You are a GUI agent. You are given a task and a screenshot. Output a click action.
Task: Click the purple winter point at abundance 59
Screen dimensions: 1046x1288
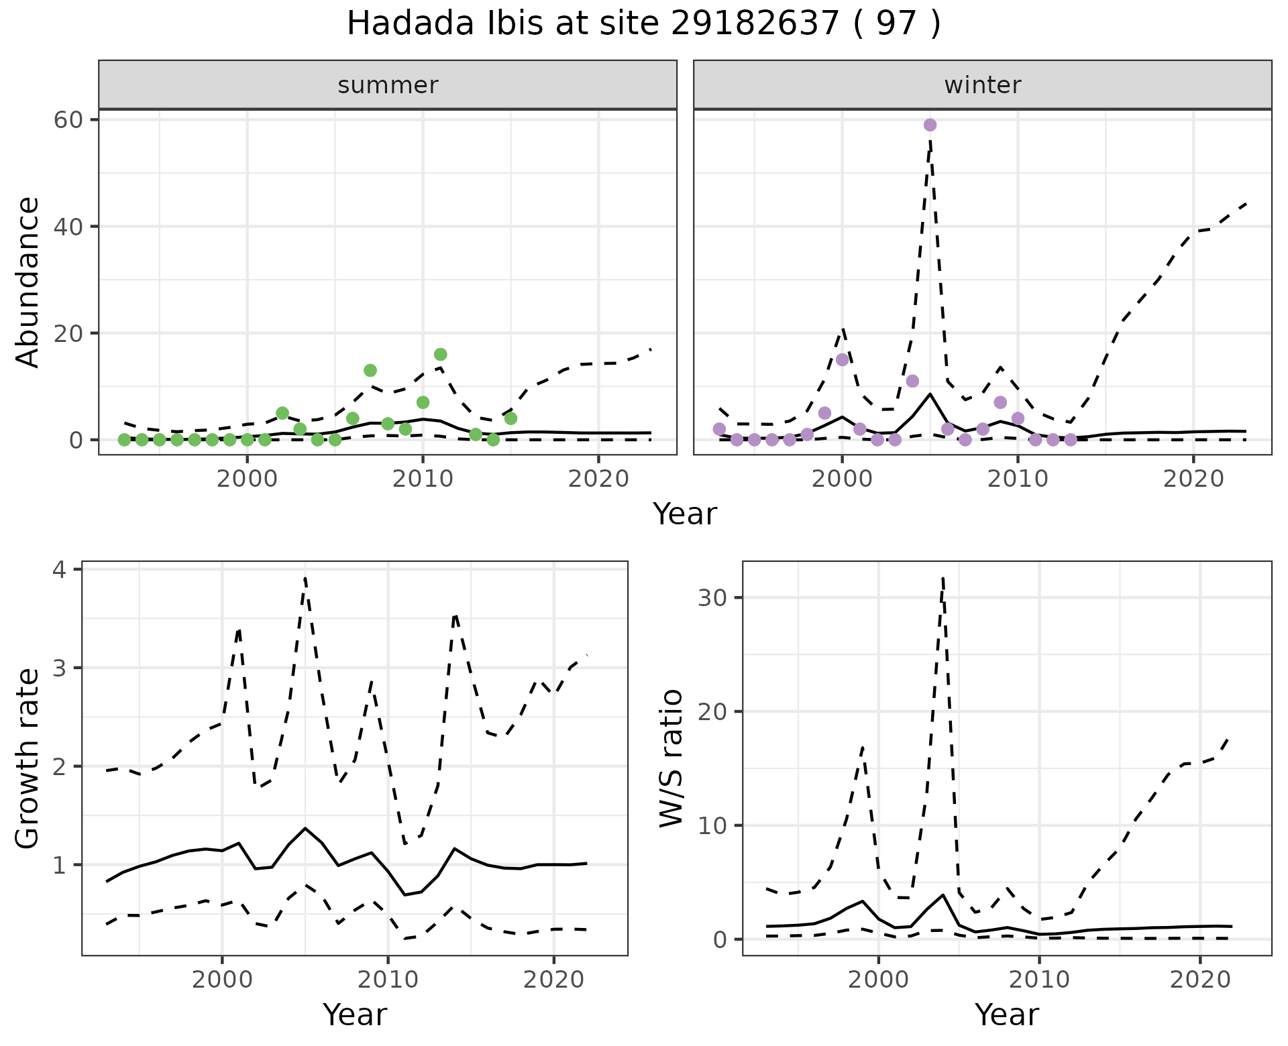(930, 125)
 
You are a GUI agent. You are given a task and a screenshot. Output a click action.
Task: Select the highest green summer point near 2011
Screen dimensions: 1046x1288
(440, 354)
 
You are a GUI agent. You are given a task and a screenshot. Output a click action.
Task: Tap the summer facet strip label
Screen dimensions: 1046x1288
(388, 85)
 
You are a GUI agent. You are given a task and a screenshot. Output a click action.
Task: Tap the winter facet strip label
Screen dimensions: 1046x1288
(982, 85)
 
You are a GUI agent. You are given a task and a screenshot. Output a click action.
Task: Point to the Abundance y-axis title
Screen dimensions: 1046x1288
(28, 282)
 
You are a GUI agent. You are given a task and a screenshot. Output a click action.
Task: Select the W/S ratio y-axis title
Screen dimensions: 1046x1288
(672, 758)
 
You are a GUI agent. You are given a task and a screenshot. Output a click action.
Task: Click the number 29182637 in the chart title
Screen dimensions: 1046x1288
(755, 24)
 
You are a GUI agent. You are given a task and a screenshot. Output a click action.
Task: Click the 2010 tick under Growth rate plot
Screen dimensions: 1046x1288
(388, 980)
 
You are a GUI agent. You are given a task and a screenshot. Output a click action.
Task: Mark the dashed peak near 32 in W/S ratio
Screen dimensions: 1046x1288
(943, 578)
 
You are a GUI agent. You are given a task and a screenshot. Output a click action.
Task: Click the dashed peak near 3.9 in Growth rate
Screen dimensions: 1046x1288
(305, 578)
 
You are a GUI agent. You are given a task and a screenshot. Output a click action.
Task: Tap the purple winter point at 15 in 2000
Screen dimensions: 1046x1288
(843, 359)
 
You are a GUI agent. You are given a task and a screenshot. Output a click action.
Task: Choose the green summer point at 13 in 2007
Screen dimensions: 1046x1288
(370, 370)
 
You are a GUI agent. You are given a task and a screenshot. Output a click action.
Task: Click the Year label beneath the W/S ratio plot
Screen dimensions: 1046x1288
(1006, 1014)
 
